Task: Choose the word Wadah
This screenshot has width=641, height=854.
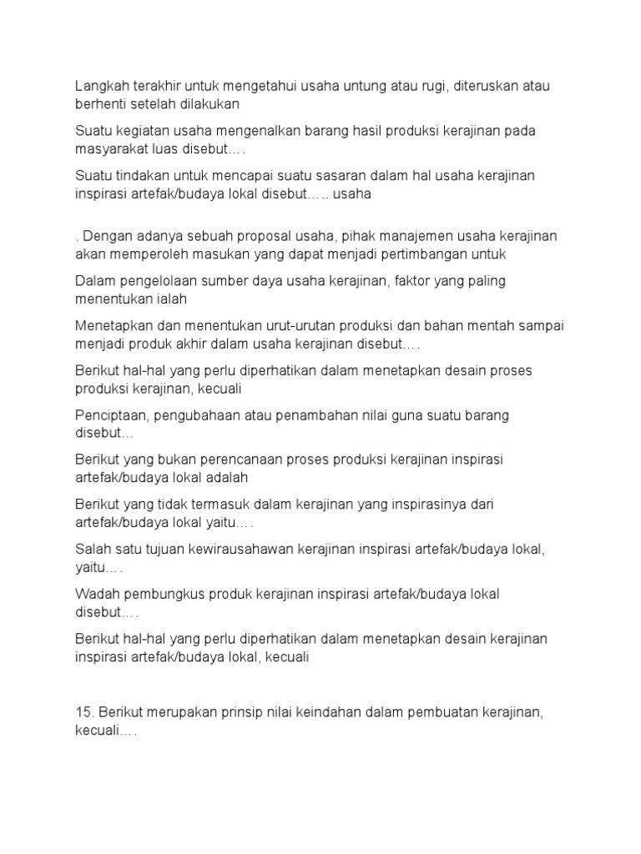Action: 96,594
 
